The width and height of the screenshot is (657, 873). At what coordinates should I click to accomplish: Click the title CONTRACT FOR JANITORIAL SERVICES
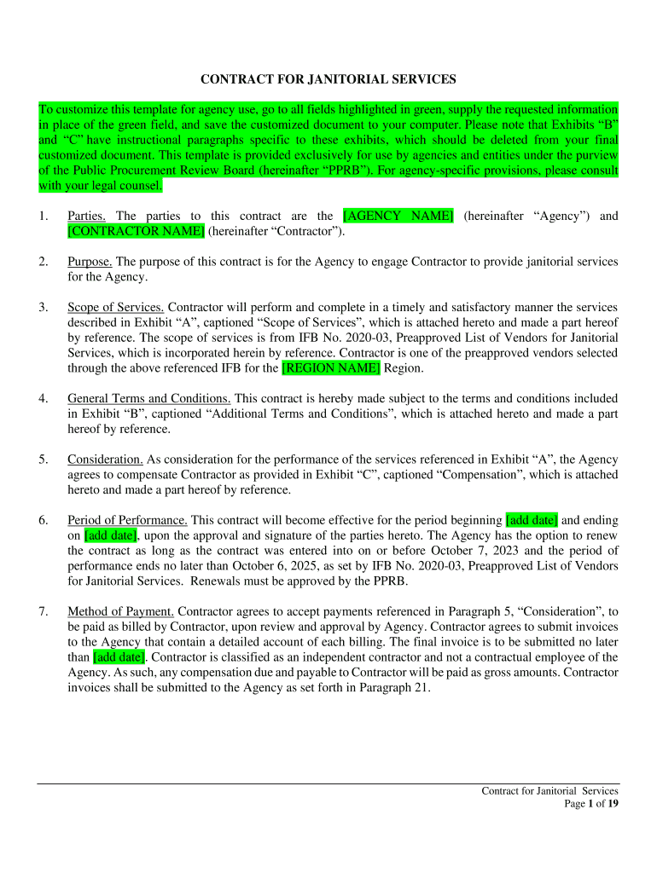click(x=328, y=79)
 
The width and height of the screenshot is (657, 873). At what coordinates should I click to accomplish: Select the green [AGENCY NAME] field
click(x=398, y=216)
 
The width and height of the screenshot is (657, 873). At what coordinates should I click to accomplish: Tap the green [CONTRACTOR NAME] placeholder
click(x=136, y=231)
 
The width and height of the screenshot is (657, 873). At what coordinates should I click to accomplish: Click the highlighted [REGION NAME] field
click(x=331, y=368)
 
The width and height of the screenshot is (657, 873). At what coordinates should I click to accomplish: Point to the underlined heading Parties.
click(x=86, y=216)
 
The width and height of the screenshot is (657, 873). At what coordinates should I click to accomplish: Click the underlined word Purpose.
click(x=90, y=261)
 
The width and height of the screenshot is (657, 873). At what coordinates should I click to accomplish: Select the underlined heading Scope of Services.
click(x=116, y=307)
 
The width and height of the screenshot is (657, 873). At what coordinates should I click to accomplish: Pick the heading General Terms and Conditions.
click(x=148, y=398)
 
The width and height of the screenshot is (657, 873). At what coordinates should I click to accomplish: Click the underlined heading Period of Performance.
click(x=127, y=520)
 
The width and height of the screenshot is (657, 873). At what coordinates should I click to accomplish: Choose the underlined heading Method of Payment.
click(x=120, y=611)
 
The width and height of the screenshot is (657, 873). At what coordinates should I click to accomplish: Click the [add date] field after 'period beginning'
click(x=532, y=520)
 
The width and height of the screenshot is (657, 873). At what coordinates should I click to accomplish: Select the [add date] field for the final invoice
click(x=119, y=657)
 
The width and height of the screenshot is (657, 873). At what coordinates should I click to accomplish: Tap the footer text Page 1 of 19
click(x=591, y=803)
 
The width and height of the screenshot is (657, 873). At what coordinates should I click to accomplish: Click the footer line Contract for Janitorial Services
click(x=549, y=791)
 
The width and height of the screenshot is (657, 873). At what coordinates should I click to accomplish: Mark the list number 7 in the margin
click(x=43, y=611)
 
